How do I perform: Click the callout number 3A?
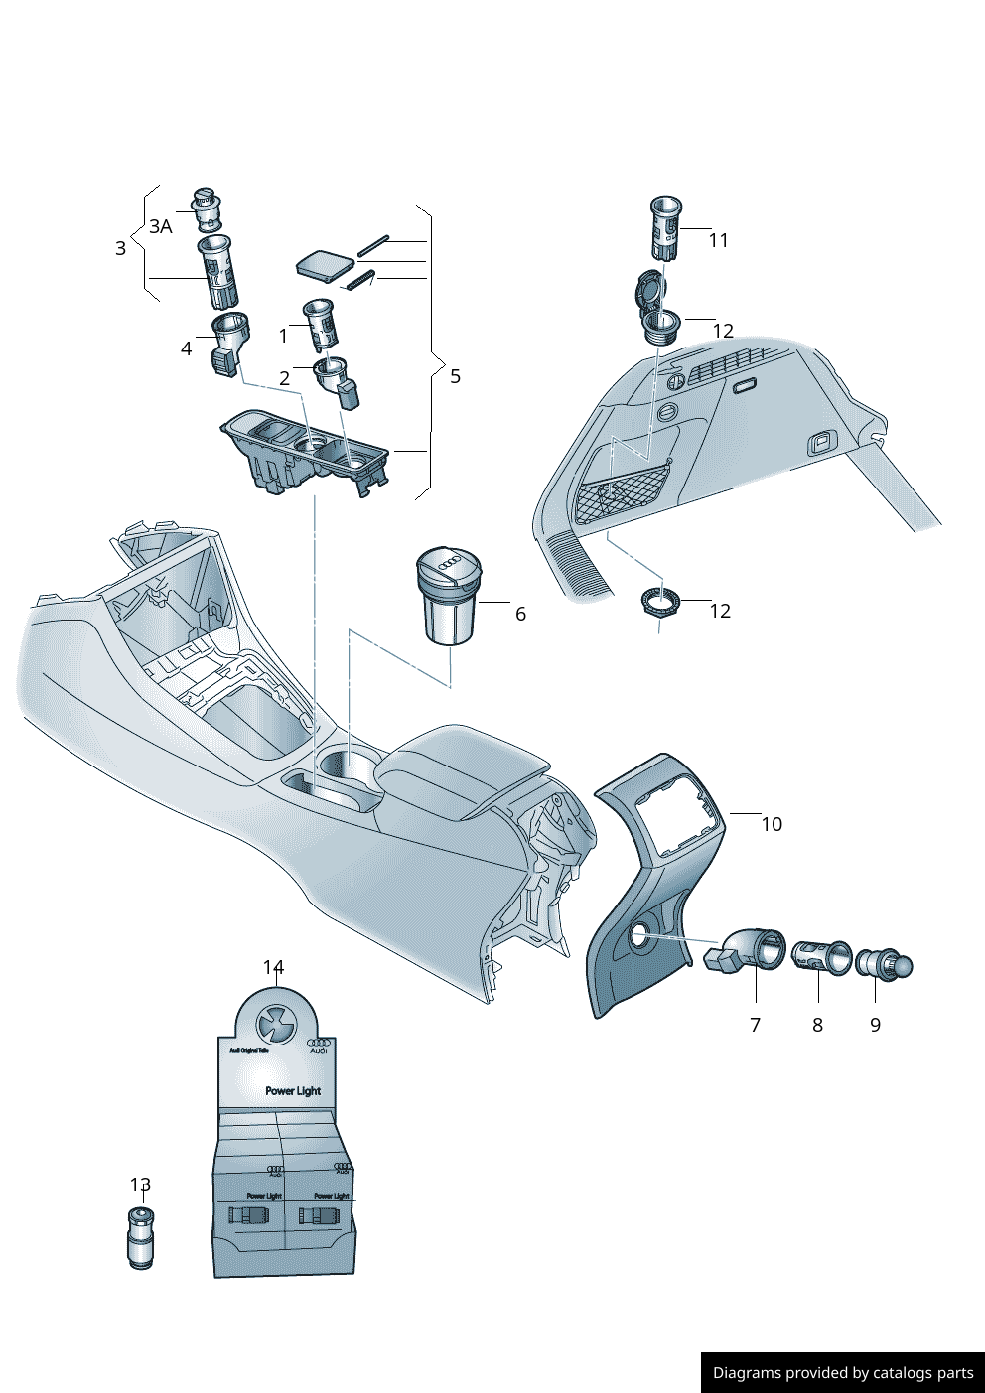click(x=161, y=227)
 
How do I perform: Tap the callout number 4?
click(x=186, y=348)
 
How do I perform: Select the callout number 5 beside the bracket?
click(x=455, y=376)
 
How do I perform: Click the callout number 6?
click(x=520, y=614)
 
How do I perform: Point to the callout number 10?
click(x=772, y=824)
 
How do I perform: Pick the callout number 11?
click(x=718, y=240)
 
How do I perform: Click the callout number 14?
click(x=273, y=967)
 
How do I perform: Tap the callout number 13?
click(x=140, y=1184)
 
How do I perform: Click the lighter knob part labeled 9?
click(x=884, y=964)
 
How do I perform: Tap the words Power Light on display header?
click(x=293, y=1090)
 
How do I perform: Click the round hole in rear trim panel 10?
click(x=639, y=934)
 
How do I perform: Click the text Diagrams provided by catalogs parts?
click(x=843, y=1373)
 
